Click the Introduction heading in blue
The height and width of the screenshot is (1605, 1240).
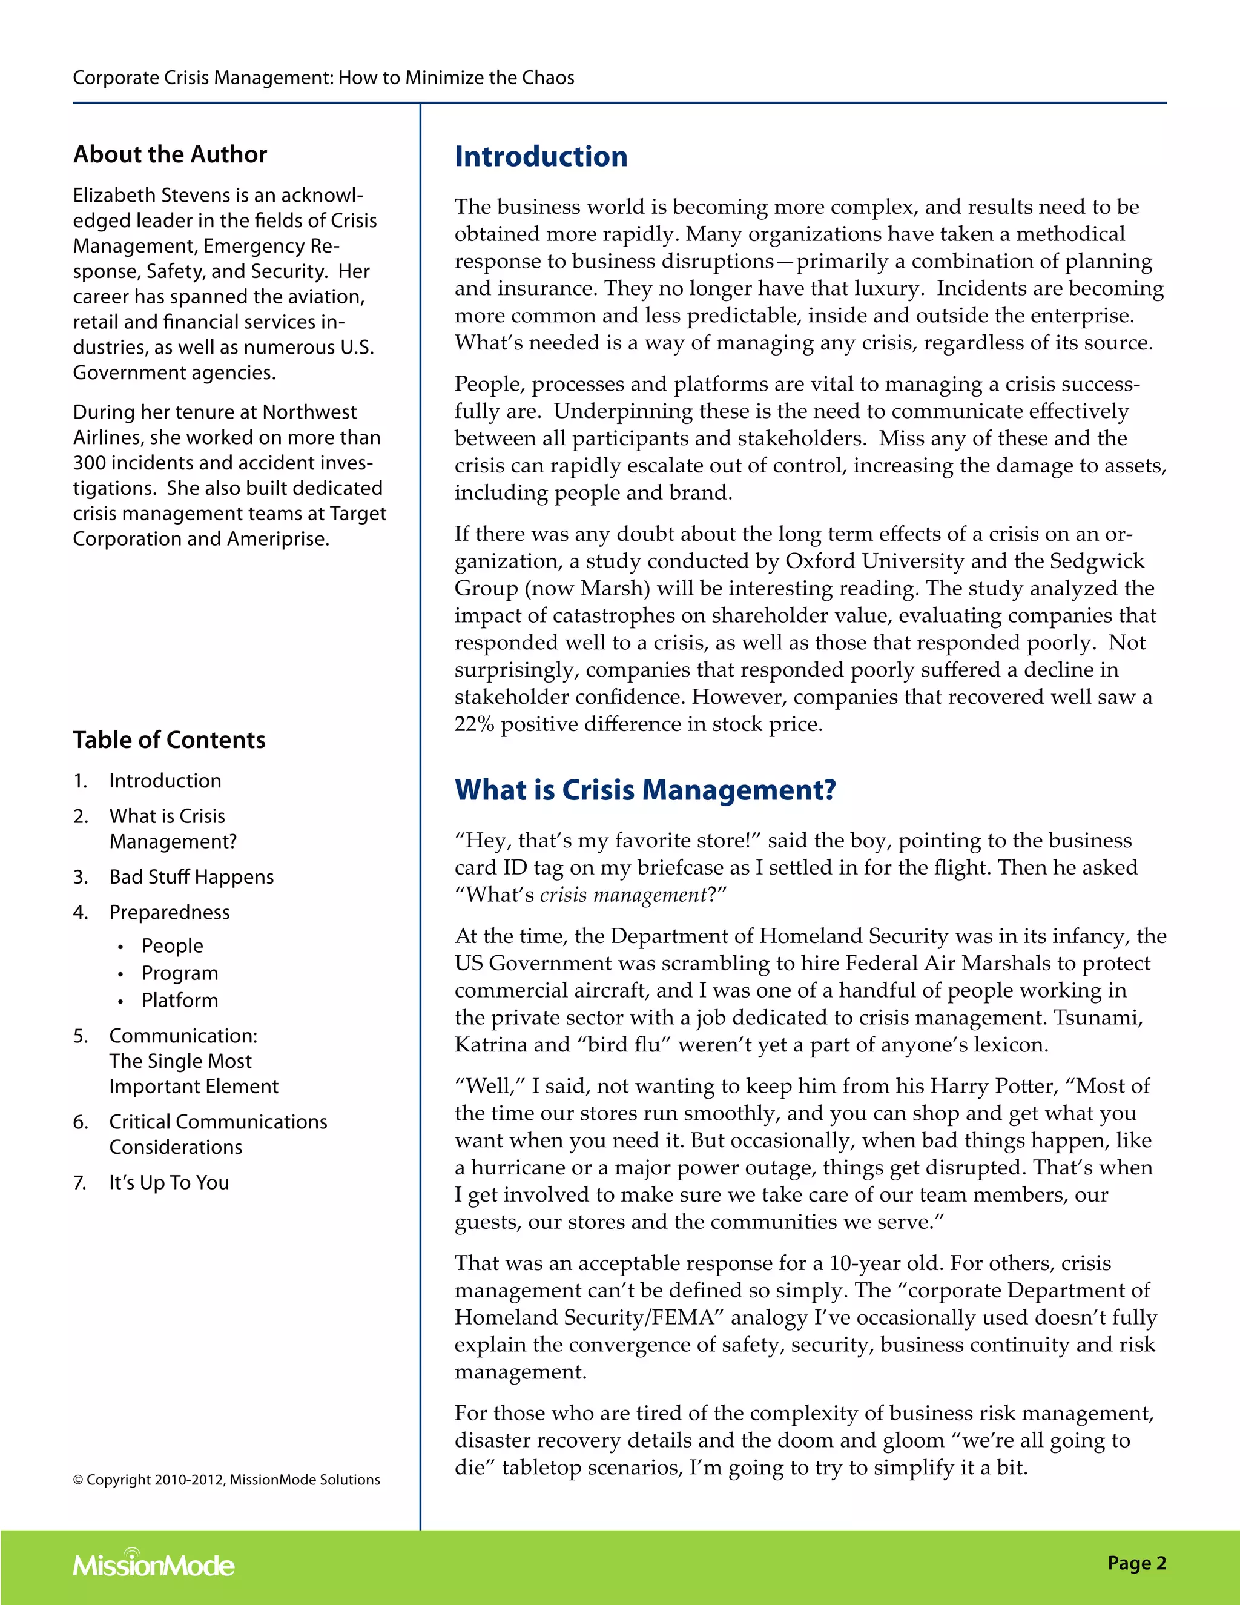[x=541, y=156]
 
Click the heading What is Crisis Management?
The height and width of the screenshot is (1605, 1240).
[x=645, y=790]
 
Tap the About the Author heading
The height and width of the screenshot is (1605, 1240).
[x=170, y=154]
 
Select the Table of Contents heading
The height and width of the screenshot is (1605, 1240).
[x=169, y=740]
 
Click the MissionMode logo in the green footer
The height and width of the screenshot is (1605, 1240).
[x=154, y=1564]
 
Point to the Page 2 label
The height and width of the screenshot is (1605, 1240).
[x=1136, y=1563]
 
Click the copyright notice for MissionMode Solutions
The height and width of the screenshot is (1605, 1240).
[x=226, y=1480]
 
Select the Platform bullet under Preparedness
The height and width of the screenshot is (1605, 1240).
[x=180, y=1000]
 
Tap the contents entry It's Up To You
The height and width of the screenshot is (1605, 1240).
[x=169, y=1182]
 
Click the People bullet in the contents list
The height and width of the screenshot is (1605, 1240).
[x=173, y=946]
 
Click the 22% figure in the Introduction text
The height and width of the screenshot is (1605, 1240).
[x=474, y=724]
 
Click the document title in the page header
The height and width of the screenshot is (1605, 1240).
[x=323, y=78]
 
